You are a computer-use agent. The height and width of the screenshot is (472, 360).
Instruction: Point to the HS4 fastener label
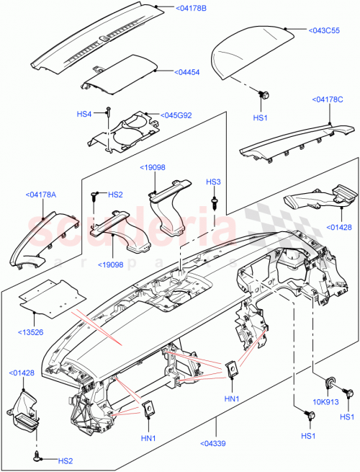point(84,114)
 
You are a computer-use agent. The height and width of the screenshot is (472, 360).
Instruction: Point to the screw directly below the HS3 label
point(215,202)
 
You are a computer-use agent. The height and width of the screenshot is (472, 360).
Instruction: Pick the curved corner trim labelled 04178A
point(40,238)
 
